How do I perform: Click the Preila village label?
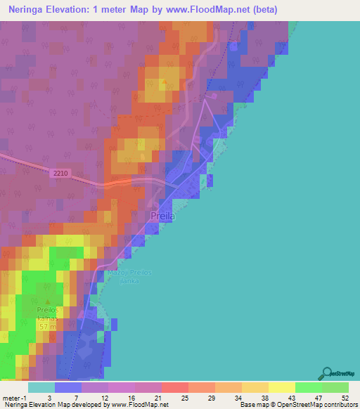162,217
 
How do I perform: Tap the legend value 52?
345,397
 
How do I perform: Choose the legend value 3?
49,397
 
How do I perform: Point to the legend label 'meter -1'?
13,397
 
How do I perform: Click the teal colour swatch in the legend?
41,387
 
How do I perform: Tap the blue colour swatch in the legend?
67,387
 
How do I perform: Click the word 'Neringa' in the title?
29,10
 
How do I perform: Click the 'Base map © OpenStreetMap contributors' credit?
296,405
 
